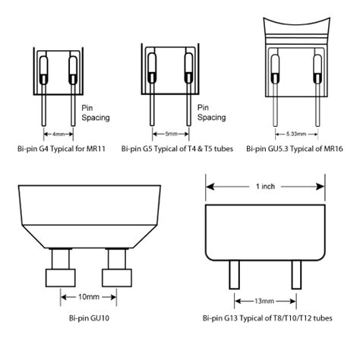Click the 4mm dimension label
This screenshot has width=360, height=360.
click(x=58, y=134)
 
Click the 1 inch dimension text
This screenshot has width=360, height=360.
click(x=266, y=186)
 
